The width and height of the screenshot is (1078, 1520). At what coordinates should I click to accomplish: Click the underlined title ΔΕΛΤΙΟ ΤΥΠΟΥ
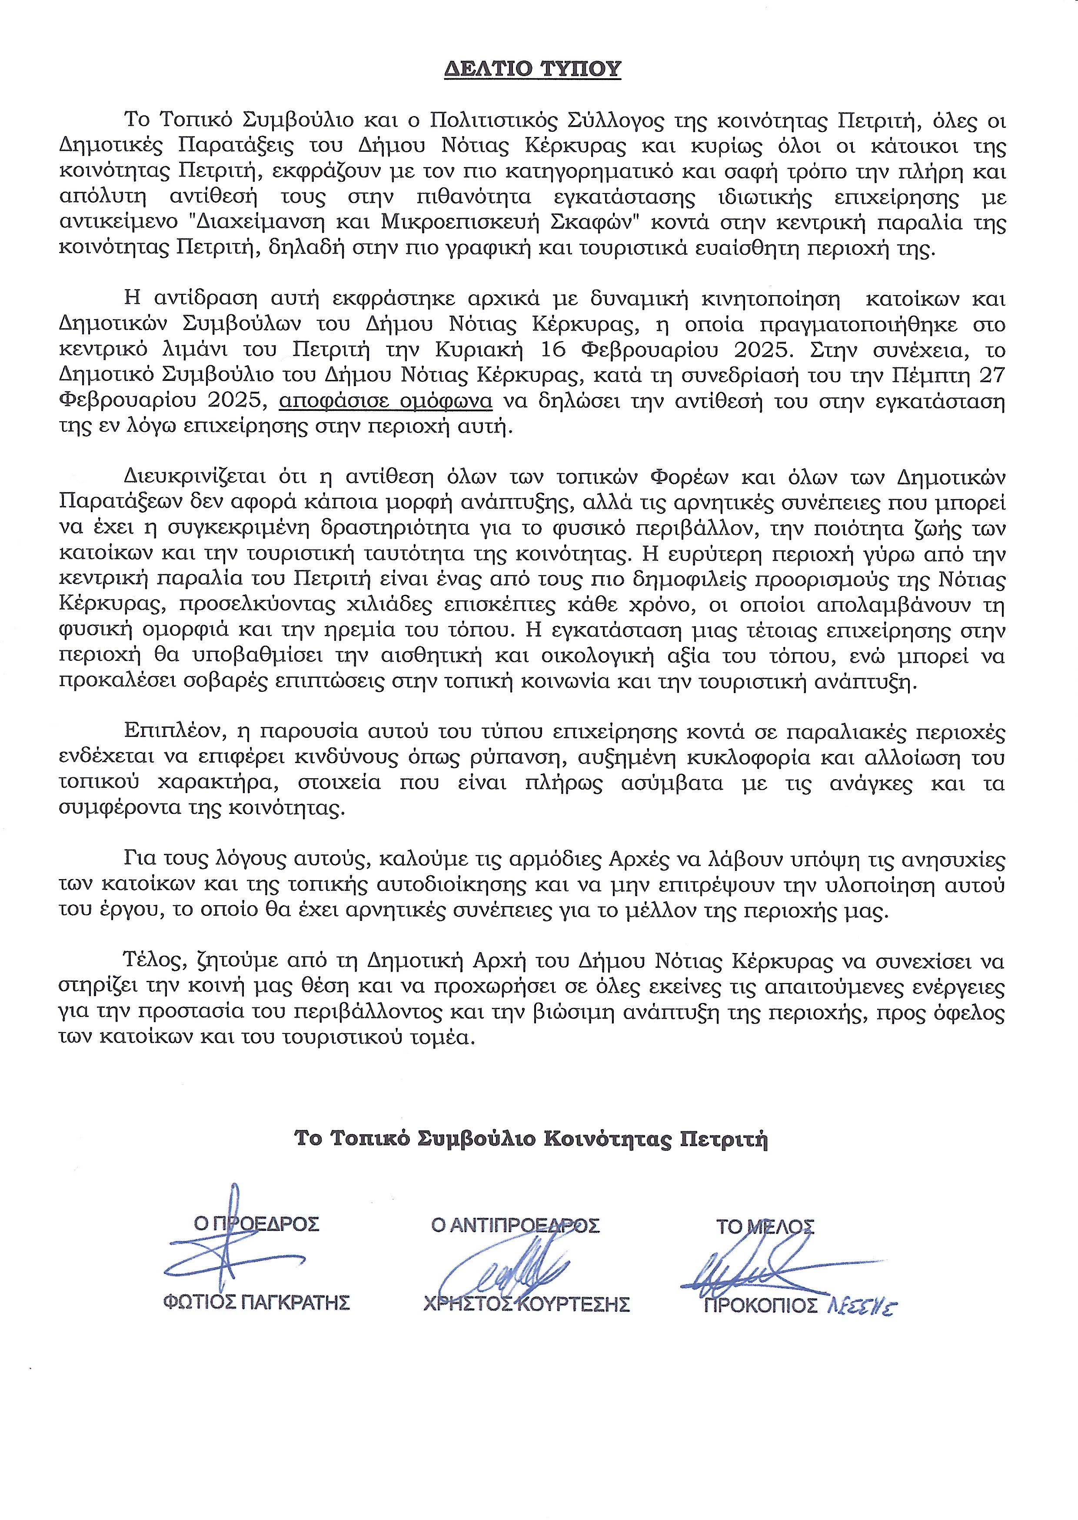coord(532,69)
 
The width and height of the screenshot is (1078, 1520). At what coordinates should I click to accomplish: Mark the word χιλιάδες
coord(409,605)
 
